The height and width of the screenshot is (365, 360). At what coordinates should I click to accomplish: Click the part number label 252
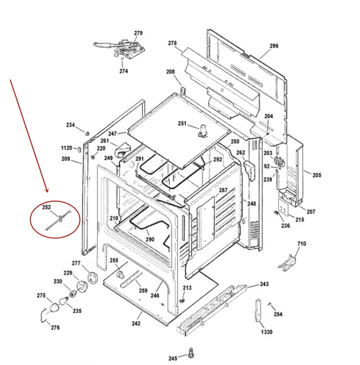click(x=47, y=207)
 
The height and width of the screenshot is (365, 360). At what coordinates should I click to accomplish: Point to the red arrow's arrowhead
click(x=47, y=190)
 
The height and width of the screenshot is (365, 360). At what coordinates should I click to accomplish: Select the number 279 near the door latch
click(x=138, y=33)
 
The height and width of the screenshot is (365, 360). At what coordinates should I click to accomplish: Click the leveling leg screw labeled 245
click(x=191, y=353)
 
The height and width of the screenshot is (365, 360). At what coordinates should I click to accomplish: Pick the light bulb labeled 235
click(x=63, y=301)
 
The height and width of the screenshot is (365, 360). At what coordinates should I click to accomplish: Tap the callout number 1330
click(x=267, y=332)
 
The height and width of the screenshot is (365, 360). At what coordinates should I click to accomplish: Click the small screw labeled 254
click(x=270, y=304)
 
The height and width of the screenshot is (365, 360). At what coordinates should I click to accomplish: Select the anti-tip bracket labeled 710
click(x=287, y=263)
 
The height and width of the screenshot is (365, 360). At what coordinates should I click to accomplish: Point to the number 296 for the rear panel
click(x=274, y=46)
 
